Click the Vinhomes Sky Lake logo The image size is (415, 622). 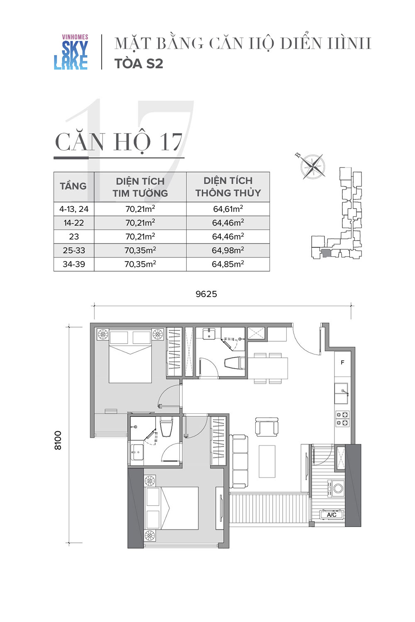[71, 52]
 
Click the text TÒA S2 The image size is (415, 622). [139, 63]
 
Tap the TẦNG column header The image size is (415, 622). [73, 186]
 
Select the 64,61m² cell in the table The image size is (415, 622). [228, 209]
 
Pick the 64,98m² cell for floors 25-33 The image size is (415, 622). [228, 250]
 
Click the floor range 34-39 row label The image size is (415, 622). [74, 264]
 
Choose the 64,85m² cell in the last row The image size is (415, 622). [228, 264]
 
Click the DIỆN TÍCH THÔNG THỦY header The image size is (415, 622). [228, 187]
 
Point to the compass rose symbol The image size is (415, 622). [312, 167]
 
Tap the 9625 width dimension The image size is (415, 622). [206, 294]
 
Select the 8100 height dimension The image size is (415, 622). [58, 440]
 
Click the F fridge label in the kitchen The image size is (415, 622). [342, 362]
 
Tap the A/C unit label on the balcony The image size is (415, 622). [332, 515]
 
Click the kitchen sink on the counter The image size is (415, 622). [342, 393]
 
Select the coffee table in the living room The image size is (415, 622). [267, 462]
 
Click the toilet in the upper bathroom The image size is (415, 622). [235, 363]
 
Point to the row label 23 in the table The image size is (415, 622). [74, 237]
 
